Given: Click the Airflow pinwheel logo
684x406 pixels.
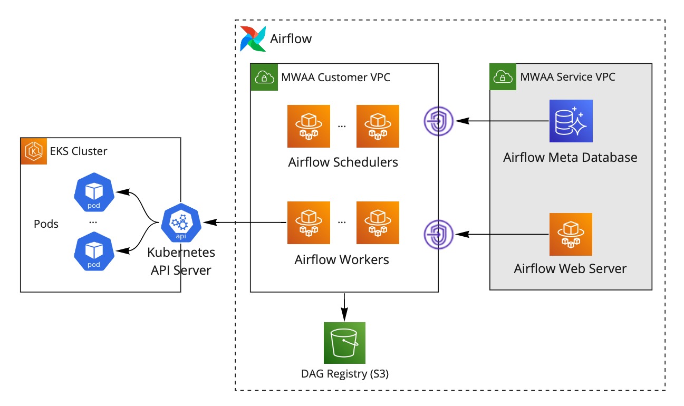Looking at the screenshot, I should pyautogui.click(x=253, y=38).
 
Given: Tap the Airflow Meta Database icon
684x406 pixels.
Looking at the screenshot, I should pyautogui.click(x=571, y=121).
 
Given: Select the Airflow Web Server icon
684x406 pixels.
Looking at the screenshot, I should pyautogui.click(x=571, y=234).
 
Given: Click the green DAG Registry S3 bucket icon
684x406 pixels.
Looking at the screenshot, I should pyautogui.click(x=344, y=343).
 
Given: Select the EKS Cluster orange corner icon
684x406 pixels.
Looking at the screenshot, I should pyautogui.click(x=33, y=151).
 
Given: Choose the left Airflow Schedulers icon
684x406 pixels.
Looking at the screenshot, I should pyautogui.click(x=309, y=127).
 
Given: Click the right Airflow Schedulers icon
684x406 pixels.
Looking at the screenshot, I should pyautogui.click(x=378, y=127).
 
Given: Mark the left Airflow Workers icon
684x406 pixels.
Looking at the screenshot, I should pyautogui.click(x=309, y=223).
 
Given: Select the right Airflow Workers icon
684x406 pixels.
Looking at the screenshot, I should pyautogui.click(x=378, y=223).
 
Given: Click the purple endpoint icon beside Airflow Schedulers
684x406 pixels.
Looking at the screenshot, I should pyautogui.click(x=439, y=121).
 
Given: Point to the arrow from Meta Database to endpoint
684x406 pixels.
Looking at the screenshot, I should pyautogui.click(x=504, y=121).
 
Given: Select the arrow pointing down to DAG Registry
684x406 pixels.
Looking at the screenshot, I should pyautogui.click(x=344, y=306).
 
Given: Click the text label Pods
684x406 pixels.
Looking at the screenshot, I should pyautogui.click(x=46, y=224).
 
